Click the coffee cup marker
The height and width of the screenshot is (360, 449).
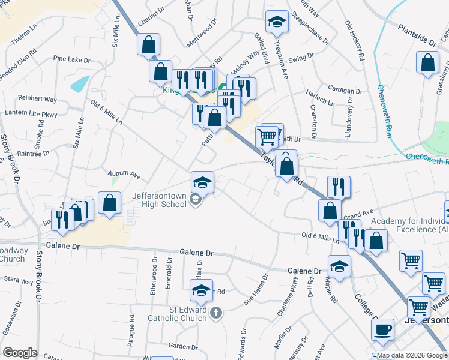coord(382,329)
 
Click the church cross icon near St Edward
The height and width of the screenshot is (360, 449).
coord(216,313)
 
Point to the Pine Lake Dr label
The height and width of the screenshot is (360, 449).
coord(71,60)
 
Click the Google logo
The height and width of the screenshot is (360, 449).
coord(20,352)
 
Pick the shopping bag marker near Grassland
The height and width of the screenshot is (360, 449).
coord(427,63)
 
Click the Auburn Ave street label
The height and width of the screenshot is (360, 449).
coord(124,175)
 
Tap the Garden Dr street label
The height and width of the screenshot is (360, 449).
coord(183,346)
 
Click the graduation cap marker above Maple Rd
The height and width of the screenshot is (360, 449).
coord(340,266)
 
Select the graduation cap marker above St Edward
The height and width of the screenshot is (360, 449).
coord(201,291)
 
